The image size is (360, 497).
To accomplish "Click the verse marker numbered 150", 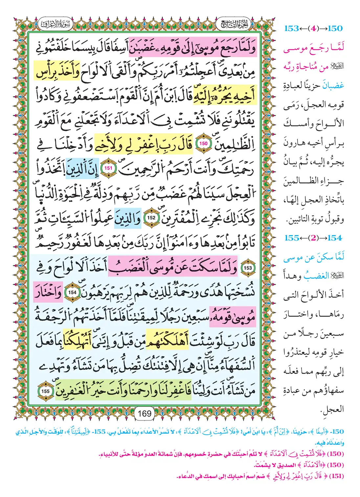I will tap(203, 143).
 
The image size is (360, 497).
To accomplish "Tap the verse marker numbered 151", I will tap(108, 168).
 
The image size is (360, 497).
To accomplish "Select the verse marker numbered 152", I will tap(151, 217).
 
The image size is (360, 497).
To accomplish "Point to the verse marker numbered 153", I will tap(248, 268).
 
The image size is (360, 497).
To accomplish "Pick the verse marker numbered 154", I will tap(73, 292).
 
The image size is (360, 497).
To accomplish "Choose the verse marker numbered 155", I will tap(45, 391).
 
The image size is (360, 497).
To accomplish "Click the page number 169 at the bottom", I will tap(145, 413).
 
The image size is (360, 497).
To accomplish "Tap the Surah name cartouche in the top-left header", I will tap(55, 24).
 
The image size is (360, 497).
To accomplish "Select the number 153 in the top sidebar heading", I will tap(292, 29).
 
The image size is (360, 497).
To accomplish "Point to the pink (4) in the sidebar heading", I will tap(313, 29).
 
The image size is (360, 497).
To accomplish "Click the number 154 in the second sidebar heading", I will tap(335, 238).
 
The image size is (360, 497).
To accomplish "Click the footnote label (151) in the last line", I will tap(336, 476).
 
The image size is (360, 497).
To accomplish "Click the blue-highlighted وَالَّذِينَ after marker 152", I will tap(127, 217).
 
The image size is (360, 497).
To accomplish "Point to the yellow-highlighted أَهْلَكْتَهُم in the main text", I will tap(167, 342).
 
